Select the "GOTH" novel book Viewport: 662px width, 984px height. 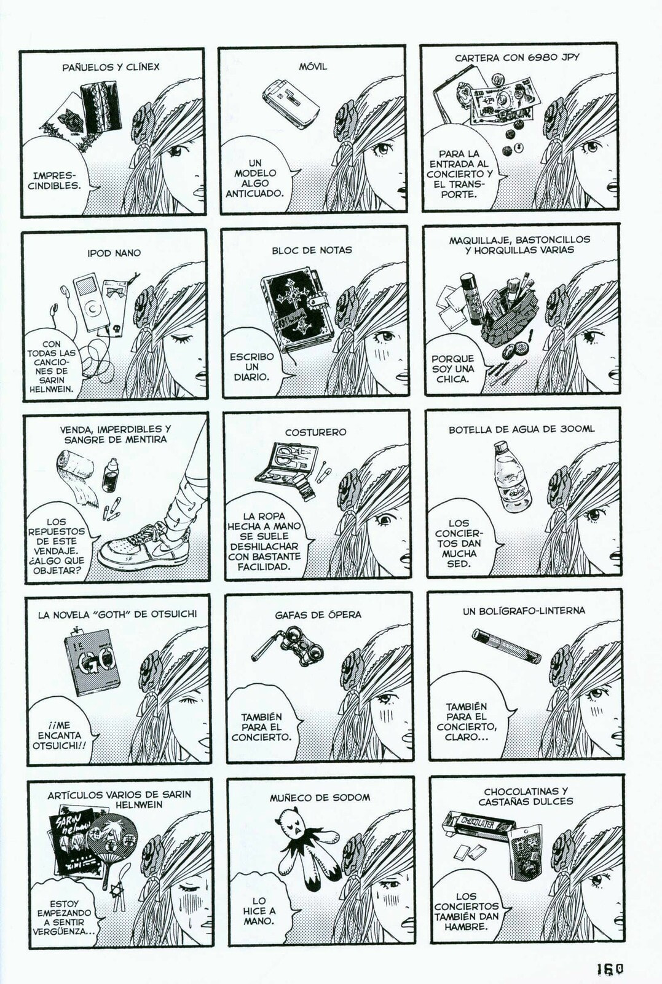[92, 661]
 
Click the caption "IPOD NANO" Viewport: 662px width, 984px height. [114, 253]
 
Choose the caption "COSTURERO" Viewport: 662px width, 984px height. [315, 432]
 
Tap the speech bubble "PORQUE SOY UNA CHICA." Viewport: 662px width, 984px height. [453, 368]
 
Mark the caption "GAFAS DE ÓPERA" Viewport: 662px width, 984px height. [318, 614]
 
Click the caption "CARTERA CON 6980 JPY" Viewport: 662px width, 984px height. [517, 58]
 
